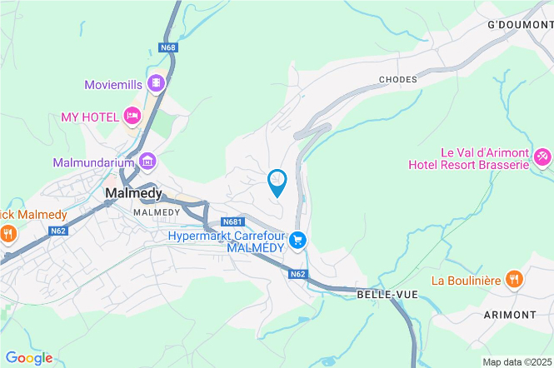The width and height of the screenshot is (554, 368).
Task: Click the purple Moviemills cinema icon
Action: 155,84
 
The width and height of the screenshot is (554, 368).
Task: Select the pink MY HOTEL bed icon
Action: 131,115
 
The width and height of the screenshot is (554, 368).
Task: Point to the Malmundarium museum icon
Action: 147,161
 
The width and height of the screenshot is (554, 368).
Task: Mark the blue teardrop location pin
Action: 277,181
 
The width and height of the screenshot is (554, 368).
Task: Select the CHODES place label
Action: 397,79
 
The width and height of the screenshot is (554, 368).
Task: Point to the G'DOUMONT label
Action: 520,25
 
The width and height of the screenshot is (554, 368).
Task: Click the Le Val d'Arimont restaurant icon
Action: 542,156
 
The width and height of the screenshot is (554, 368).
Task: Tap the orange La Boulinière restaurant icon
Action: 514,280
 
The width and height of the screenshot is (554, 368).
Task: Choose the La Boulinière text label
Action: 466,281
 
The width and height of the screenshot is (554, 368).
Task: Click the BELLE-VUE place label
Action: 384,295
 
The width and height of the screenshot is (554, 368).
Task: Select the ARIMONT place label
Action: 509,314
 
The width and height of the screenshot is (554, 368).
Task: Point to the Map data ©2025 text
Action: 517,361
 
